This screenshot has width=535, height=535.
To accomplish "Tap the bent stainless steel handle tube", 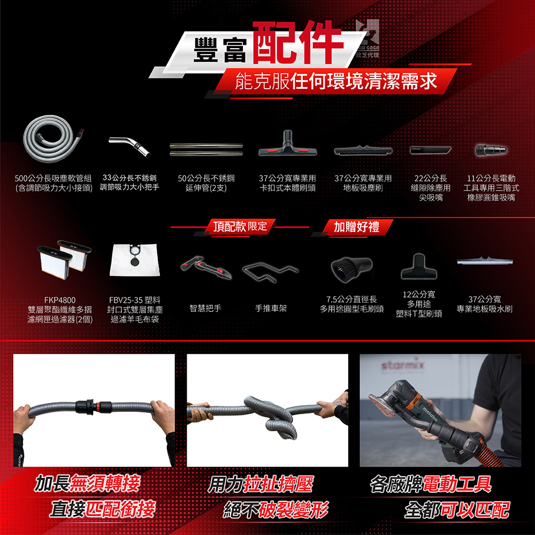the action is click(x=130, y=146).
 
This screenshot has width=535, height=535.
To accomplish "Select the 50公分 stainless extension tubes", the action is click(x=206, y=149).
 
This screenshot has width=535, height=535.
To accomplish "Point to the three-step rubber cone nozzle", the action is click(x=491, y=150).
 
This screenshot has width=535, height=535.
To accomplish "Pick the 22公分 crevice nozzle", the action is click(x=431, y=150).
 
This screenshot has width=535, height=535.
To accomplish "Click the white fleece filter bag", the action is click(x=135, y=260).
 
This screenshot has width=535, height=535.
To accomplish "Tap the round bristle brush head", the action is click(x=351, y=269).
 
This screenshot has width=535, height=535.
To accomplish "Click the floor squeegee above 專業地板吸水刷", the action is click(x=485, y=261).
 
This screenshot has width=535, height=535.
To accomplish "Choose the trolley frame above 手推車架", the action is click(x=270, y=271).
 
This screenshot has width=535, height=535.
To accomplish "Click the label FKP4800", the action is click(x=60, y=300).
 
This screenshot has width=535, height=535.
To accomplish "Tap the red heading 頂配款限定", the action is click(x=240, y=226).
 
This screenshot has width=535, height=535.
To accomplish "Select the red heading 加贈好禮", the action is click(x=356, y=226).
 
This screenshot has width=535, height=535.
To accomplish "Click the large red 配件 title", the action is click(x=297, y=42).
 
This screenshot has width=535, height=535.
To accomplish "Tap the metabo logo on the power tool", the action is click(x=430, y=414).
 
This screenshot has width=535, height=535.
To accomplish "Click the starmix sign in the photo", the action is click(x=403, y=365).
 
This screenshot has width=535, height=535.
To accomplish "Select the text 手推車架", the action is click(x=271, y=309).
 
